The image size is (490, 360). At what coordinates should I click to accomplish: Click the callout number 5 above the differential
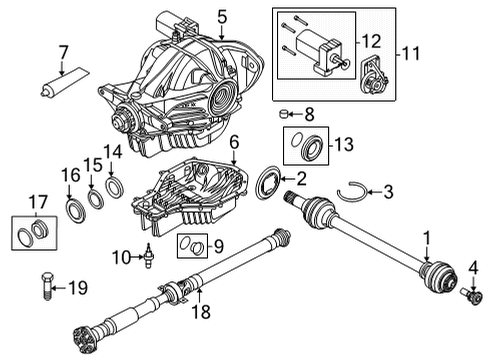223,16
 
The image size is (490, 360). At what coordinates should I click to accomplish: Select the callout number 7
63,52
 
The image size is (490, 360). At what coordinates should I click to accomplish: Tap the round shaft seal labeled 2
268,185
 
